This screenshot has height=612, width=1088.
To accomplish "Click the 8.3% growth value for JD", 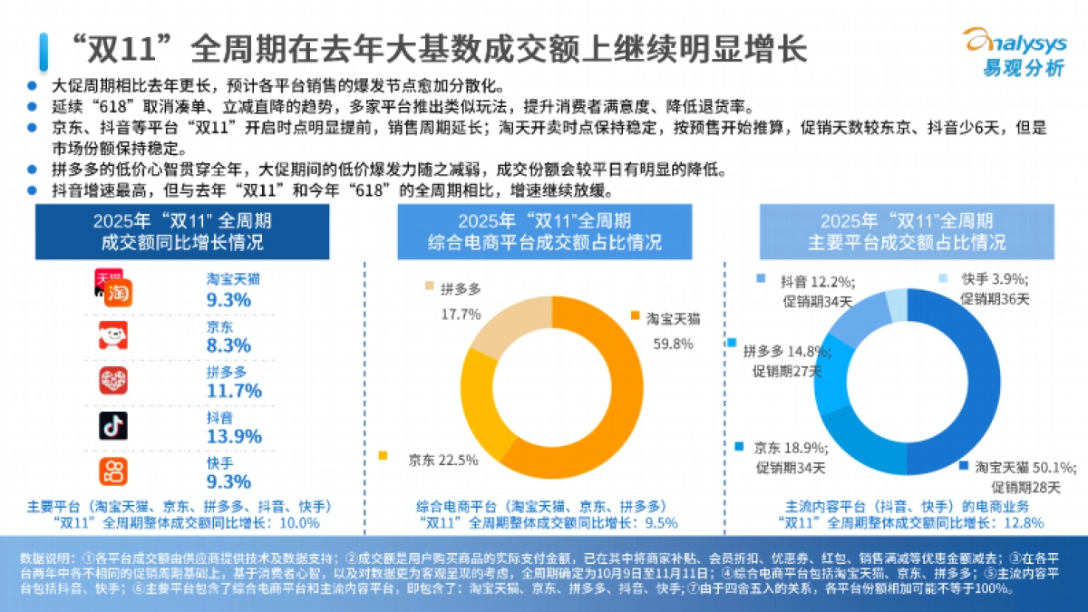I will tap(228, 345).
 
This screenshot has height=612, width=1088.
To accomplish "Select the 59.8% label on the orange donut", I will tap(673, 344).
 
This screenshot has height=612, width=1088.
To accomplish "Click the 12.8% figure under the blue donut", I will tap(1025, 523).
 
